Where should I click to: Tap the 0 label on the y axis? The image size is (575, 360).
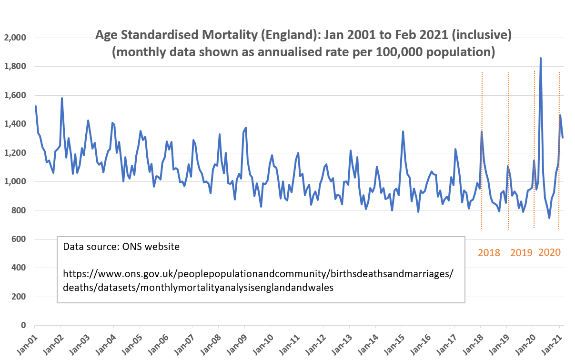(x=23, y=325)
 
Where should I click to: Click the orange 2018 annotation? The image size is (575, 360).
(x=489, y=253)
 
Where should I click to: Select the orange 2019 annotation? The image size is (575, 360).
(x=521, y=253)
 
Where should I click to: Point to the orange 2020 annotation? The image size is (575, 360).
(x=549, y=252)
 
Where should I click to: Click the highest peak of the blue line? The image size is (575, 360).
(x=540, y=59)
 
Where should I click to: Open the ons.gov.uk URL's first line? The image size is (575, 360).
(x=258, y=274)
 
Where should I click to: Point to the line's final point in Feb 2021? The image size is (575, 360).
(x=563, y=138)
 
